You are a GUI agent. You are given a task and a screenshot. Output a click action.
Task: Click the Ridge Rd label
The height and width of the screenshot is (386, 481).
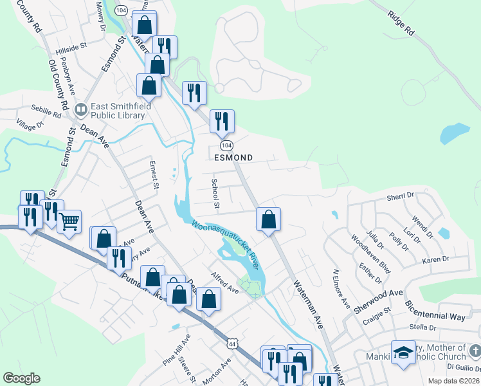pyautogui.click(x=401, y=22)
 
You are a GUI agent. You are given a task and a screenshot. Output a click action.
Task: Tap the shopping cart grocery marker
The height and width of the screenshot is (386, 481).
pyautogui.click(x=69, y=221)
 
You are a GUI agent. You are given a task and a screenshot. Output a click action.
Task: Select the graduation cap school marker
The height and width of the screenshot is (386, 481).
pyautogui.click(x=403, y=353)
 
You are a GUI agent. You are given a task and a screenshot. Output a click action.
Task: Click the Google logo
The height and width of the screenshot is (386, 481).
pyautogui.click(x=21, y=378)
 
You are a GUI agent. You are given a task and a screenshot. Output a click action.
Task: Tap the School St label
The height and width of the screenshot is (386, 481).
pyautogui.click(x=216, y=194)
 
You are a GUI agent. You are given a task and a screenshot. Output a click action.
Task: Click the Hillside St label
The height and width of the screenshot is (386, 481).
pyautogui.click(x=71, y=48)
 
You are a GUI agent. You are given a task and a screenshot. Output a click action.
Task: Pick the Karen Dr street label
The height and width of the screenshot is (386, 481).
pyautogui.click(x=435, y=260)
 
